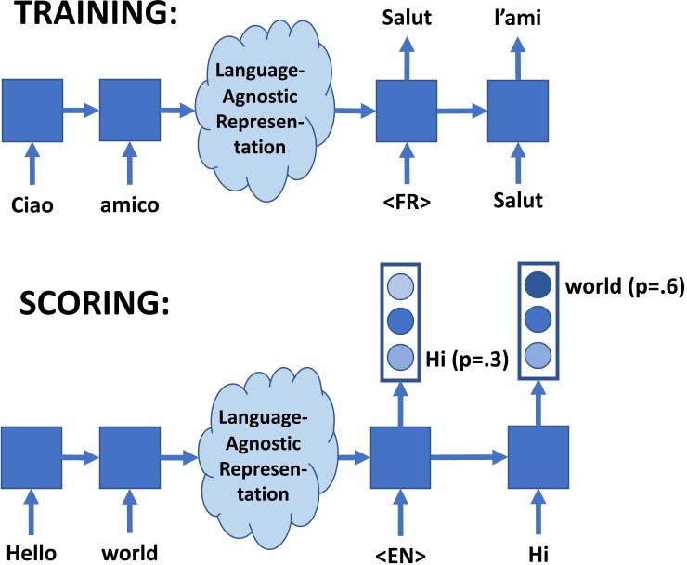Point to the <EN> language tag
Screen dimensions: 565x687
click(402, 553)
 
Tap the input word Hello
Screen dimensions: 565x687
click(33, 553)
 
